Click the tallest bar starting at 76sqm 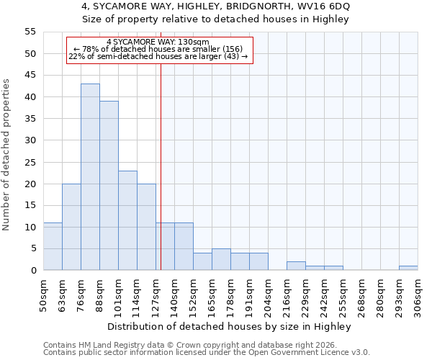pos(90,177)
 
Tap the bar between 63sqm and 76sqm pos(71,227)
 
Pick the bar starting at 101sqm pos(127,220)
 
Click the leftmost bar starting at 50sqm pos(53,246)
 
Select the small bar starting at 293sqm pos(408,268)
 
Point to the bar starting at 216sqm pos(296,266)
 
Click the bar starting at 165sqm pos(221,259)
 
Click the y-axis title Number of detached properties pos(7,155)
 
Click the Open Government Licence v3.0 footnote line pos(207,352)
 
